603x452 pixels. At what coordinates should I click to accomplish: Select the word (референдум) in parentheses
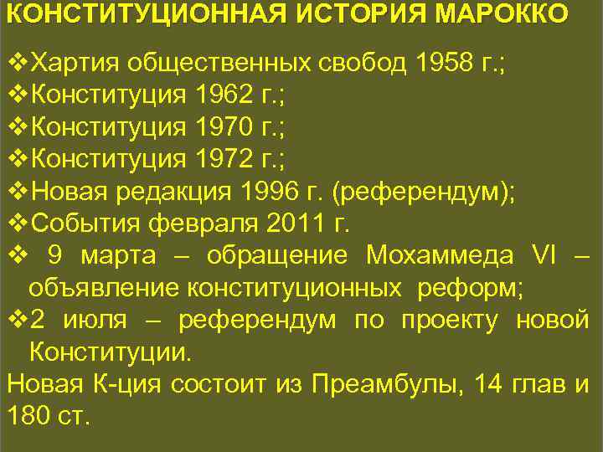pyautogui.click(x=425, y=191)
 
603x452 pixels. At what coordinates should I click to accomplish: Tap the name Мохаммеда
pyautogui.click(x=444, y=254)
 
